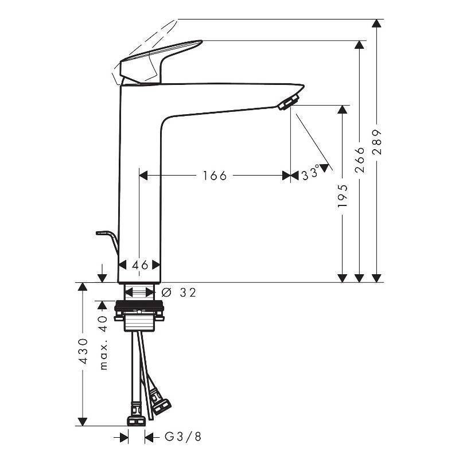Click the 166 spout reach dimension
[215, 176]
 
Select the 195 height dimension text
[343, 195]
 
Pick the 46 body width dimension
[140, 264]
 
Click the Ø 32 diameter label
[180, 293]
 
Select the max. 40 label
[103, 342]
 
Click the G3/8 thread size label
[183, 437]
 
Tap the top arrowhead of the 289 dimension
[376, 24]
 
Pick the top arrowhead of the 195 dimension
[343, 109]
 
